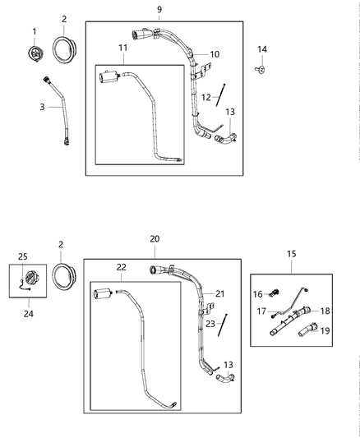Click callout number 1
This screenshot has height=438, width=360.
point(35,31)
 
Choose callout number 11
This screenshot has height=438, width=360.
point(122,49)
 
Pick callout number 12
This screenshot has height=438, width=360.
point(206,97)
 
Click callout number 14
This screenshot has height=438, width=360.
point(262,50)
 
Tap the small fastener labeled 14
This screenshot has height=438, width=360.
point(260,70)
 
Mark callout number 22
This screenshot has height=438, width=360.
point(121,267)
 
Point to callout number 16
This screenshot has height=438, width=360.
point(256,293)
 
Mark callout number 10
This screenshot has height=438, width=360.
point(215,54)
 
